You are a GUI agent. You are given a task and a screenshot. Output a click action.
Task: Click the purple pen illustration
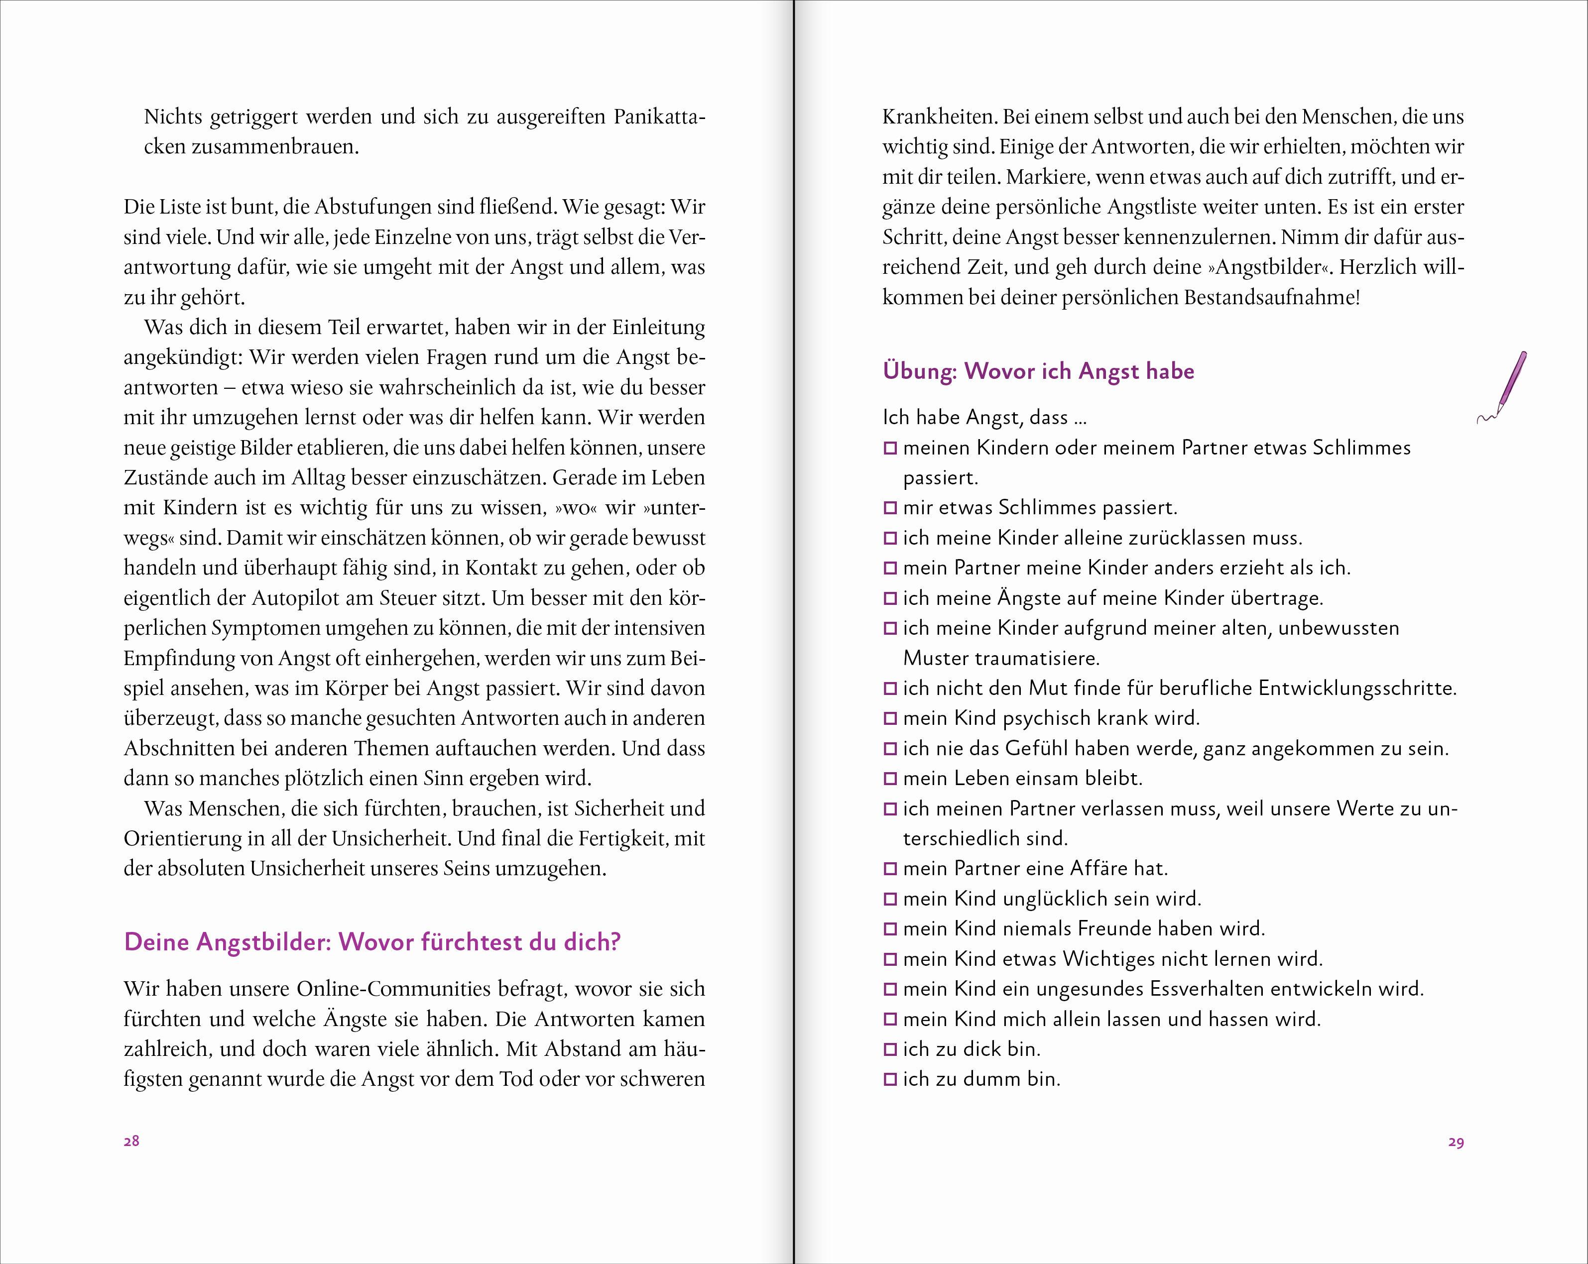(1505, 386)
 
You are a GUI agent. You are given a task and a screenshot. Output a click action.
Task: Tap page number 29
(1456, 1143)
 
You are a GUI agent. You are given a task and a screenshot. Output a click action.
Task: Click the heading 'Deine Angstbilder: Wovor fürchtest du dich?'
(372, 942)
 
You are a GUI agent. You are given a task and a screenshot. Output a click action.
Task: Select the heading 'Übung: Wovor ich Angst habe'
(1038, 371)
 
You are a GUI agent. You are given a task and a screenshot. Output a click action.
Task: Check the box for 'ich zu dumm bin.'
(890, 1080)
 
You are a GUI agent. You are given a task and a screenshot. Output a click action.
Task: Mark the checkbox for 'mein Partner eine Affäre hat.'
(890, 869)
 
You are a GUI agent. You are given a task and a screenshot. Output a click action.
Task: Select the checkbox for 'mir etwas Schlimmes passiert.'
(890, 508)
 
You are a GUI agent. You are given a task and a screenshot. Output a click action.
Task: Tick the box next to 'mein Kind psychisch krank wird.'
(890, 718)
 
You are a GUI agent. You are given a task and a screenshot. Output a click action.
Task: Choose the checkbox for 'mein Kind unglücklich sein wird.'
(890, 900)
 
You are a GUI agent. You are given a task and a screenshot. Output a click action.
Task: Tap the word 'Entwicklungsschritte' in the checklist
(1357, 689)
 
